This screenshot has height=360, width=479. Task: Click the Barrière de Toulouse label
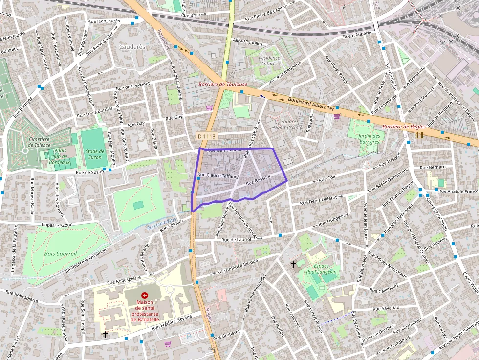[222, 84]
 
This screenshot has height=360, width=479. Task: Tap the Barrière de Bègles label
[404, 127]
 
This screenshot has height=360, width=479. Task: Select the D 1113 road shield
[206, 135]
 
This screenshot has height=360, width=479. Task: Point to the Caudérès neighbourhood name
[132, 47]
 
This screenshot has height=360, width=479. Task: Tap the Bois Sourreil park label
[60, 254]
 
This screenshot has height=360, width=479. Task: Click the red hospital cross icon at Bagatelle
[144, 296]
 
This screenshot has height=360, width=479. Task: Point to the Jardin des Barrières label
[369, 139]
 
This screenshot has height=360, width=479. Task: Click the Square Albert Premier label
[284, 124]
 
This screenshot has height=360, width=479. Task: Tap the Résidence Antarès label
[269, 61]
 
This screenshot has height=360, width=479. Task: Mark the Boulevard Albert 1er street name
[311, 103]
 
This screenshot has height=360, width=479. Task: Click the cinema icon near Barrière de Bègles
[419, 135]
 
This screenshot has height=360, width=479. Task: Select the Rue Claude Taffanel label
[217, 175]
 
